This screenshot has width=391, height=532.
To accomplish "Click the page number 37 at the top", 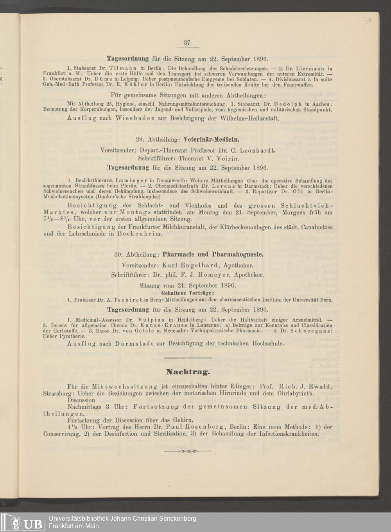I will pos(187,43).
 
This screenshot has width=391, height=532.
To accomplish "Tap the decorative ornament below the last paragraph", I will pos(188,451).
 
